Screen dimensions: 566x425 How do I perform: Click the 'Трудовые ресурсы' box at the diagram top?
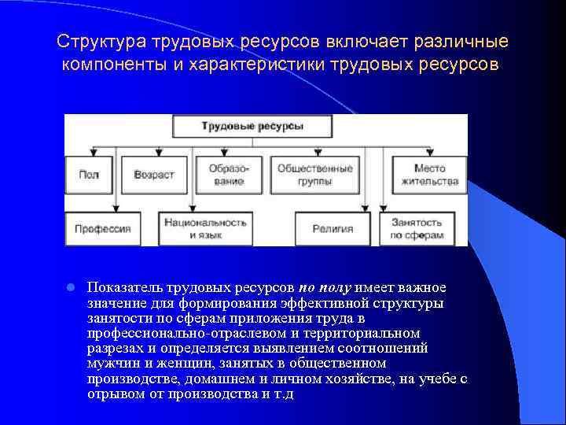click(252, 126)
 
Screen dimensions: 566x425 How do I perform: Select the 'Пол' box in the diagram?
click(89, 175)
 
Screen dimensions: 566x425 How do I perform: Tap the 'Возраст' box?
click(154, 175)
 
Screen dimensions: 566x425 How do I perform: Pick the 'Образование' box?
click(228, 175)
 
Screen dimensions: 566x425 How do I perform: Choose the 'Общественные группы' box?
click(314, 175)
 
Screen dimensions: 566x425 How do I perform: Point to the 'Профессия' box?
click(102, 229)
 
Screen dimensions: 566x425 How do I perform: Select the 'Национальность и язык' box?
click(205, 229)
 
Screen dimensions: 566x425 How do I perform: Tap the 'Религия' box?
click(333, 229)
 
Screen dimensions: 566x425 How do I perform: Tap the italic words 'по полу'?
click(325, 286)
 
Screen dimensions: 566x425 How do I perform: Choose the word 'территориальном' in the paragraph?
click(373, 334)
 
